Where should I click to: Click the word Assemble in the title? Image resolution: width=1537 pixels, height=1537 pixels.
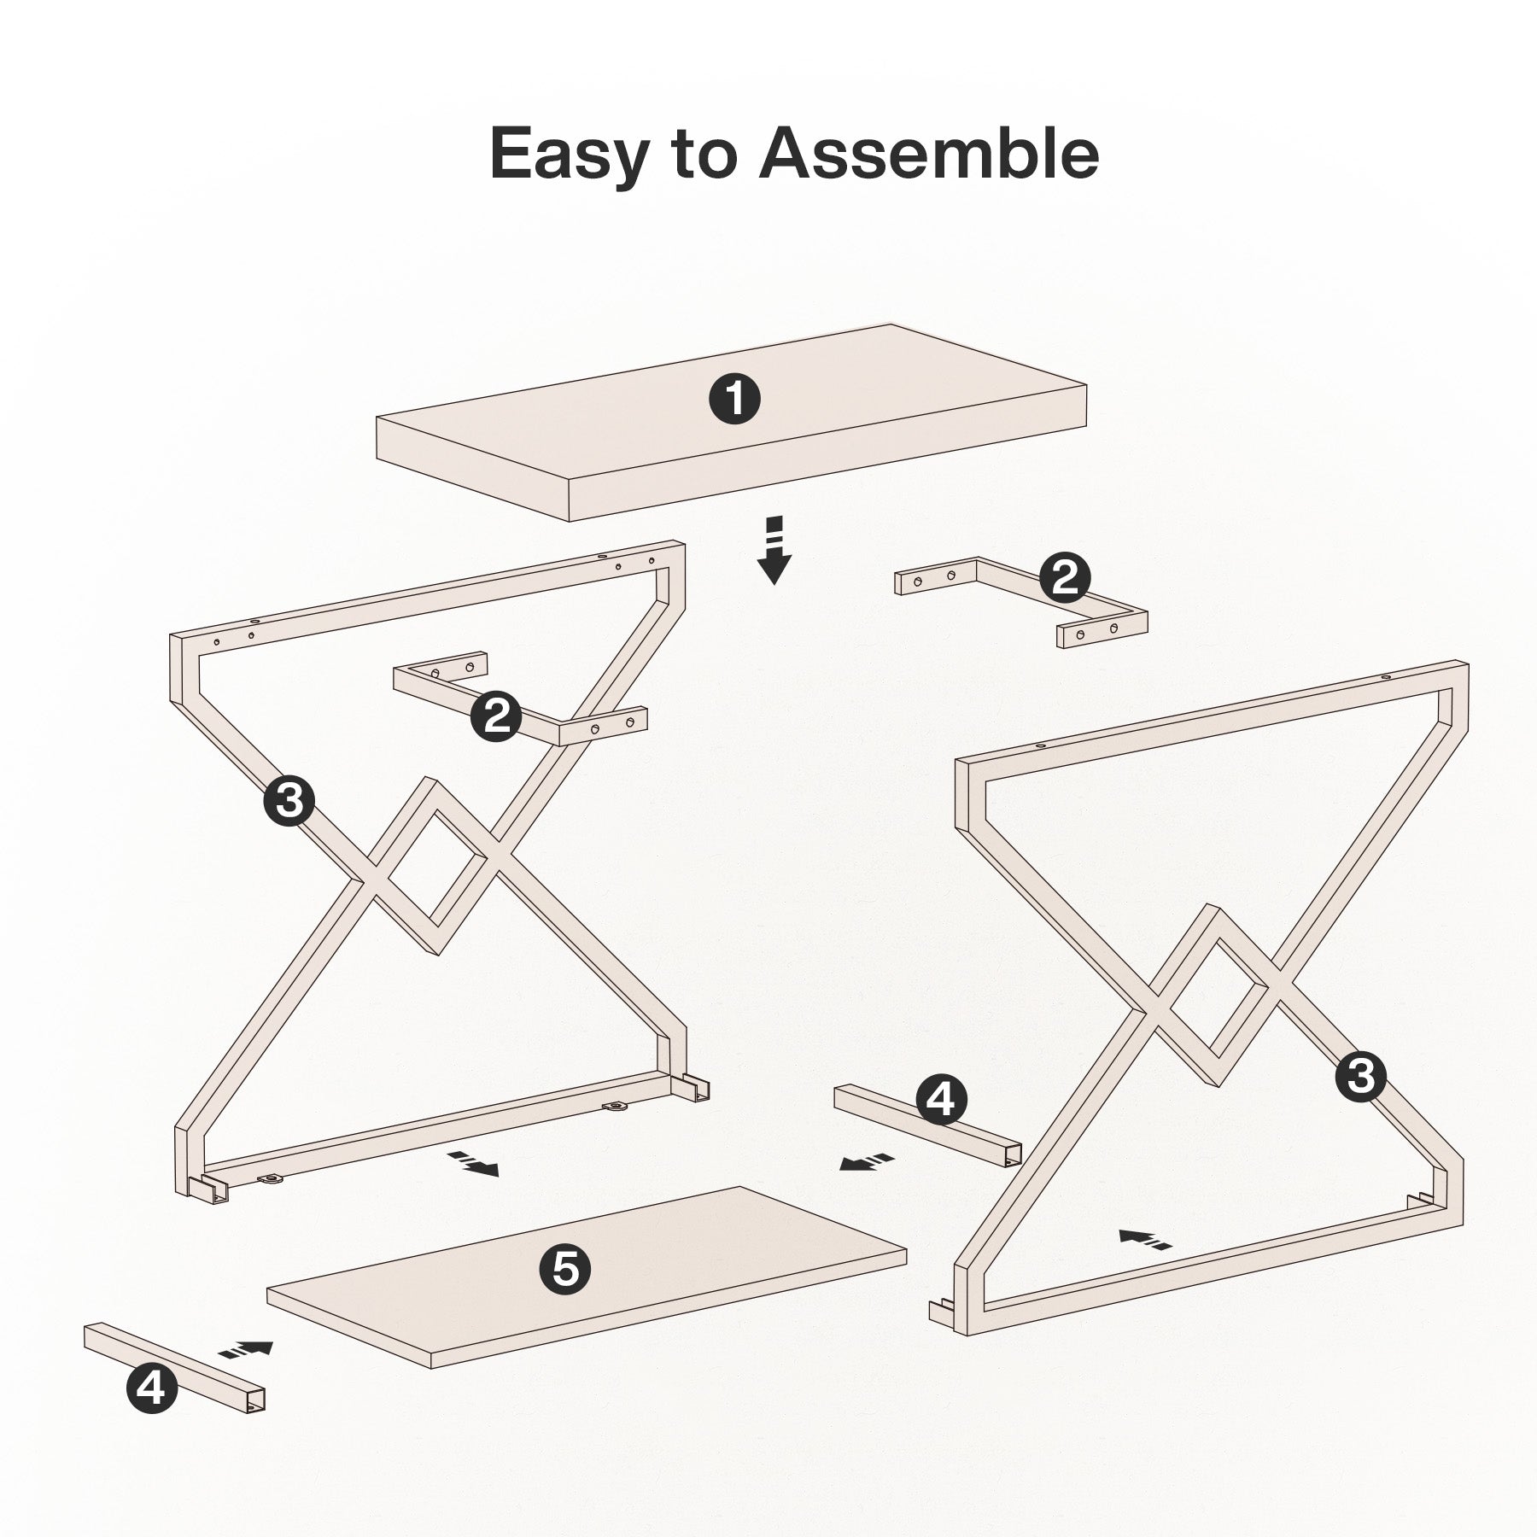click(928, 154)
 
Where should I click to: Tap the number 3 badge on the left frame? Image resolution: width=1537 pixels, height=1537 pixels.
click(289, 801)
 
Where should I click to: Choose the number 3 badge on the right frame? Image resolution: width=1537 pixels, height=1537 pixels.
click(1360, 1076)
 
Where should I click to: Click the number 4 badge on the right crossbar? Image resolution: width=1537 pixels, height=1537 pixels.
click(940, 1101)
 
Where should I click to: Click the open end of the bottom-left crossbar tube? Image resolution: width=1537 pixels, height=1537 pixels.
click(255, 1399)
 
